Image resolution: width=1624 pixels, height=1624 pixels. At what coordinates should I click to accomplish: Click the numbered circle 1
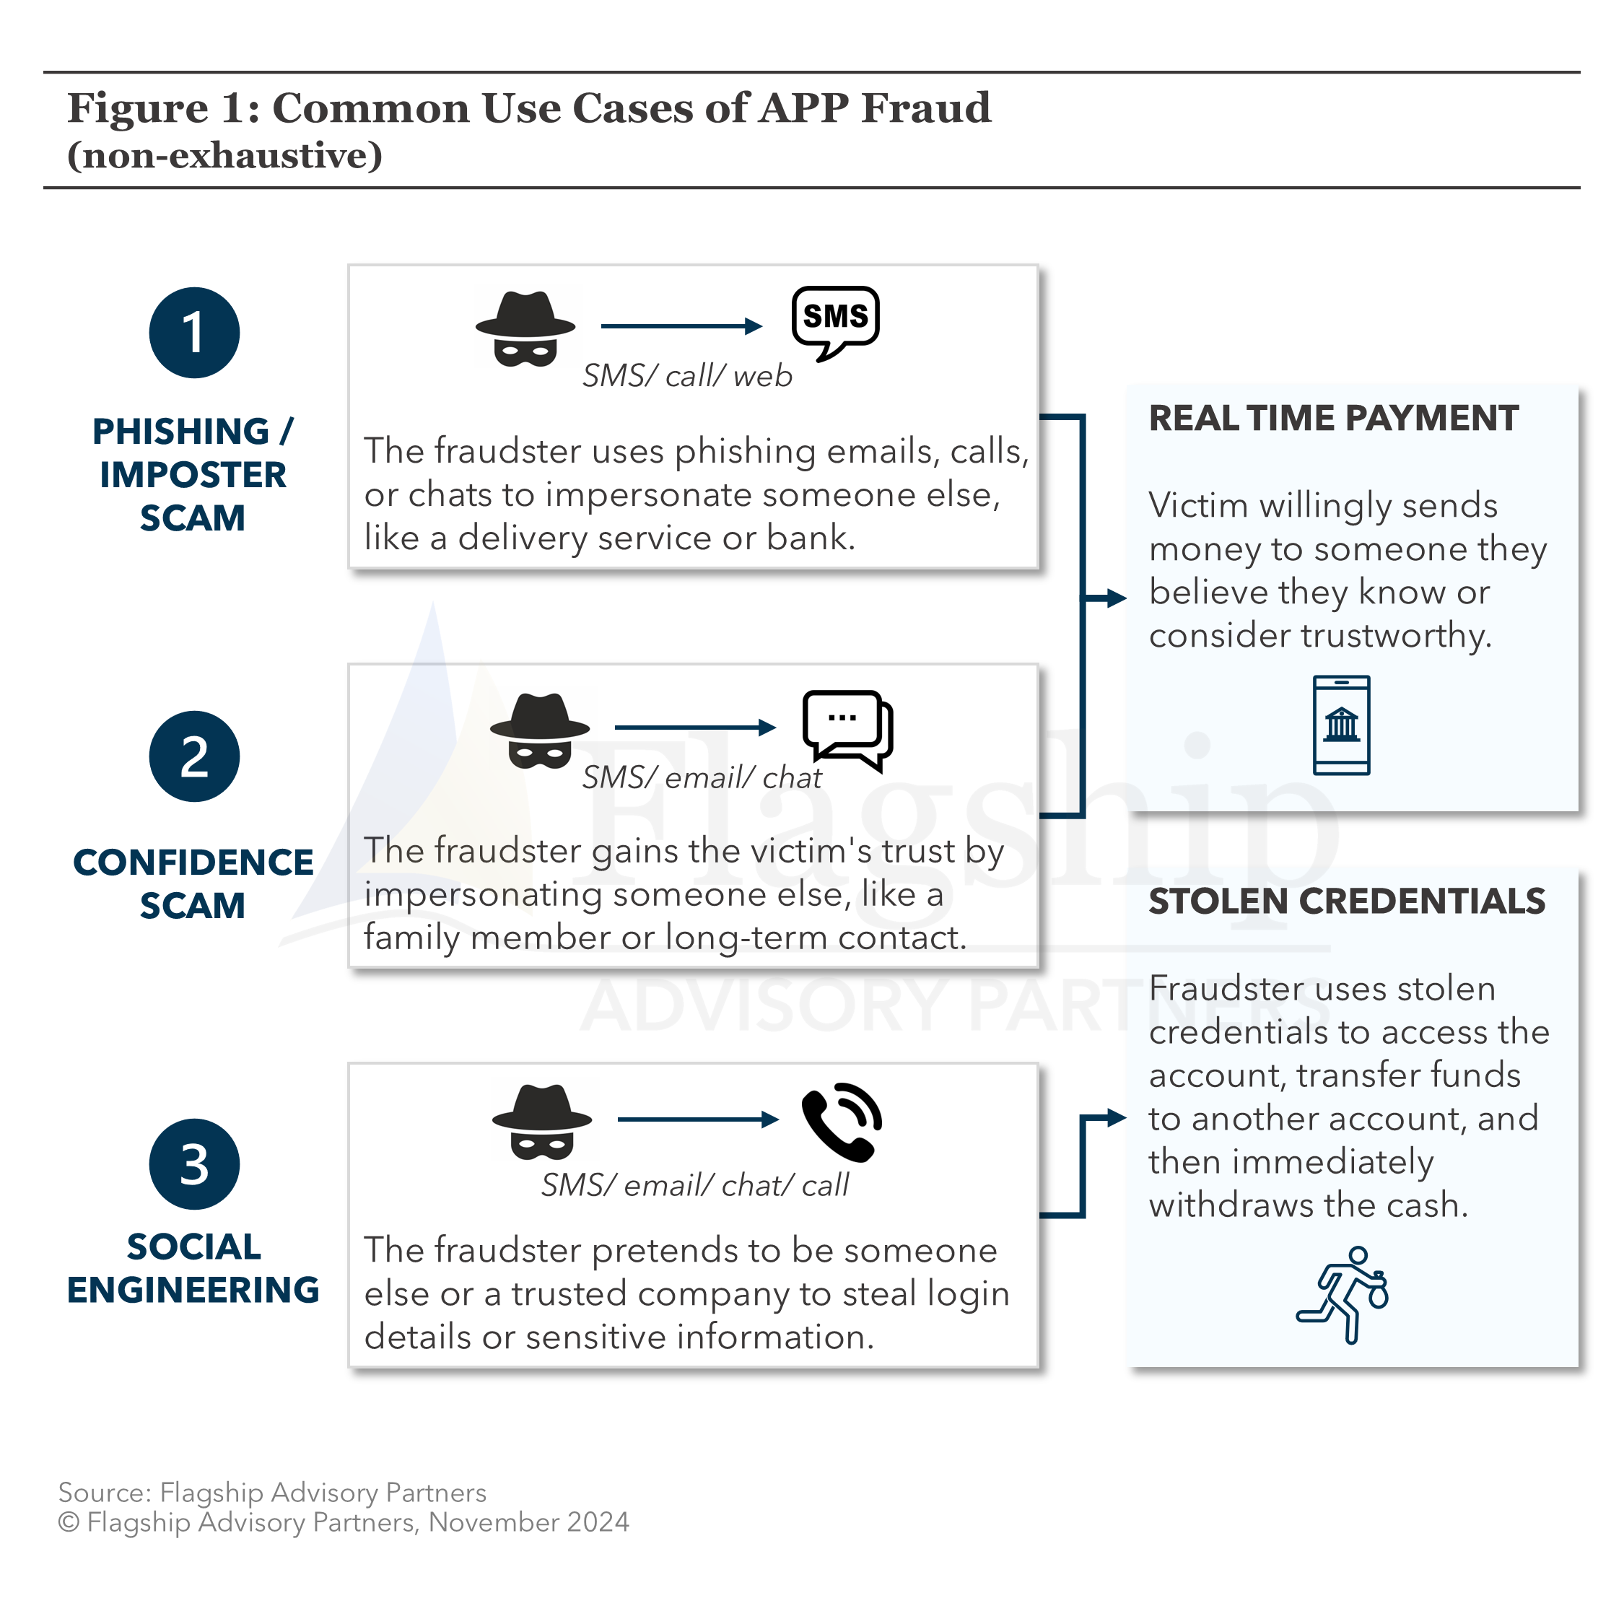pyautogui.click(x=194, y=333)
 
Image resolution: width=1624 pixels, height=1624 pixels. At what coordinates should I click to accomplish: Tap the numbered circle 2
pyautogui.click(x=194, y=756)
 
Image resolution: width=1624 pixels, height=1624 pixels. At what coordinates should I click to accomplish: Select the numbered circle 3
pyautogui.click(x=194, y=1164)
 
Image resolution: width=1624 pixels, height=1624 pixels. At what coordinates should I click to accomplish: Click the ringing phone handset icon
pyautogui.click(x=842, y=1122)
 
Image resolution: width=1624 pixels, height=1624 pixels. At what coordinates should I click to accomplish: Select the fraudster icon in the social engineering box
pyautogui.click(x=542, y=1122)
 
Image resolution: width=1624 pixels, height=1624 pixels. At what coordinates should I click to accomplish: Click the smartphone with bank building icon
pyautogui.click(x=1341, y=725)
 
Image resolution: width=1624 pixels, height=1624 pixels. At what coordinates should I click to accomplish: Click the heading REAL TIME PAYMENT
pyautogui.click(x=1333, y=419)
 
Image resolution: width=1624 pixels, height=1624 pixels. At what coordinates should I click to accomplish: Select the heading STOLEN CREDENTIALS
pyautogui.click(x=1347, y=901)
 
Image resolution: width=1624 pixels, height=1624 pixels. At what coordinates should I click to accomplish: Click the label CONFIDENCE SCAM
pyautogui.click(x=193, y=883)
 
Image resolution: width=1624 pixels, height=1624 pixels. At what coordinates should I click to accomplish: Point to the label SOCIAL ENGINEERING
pyautogui.click(x=193, y=1268)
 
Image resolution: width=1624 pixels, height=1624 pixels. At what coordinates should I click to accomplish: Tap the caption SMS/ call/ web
pyautogui.click(x=686, y=376)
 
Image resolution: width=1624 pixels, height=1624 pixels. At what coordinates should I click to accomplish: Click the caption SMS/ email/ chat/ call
pyautogui.click(x=694, y=1185)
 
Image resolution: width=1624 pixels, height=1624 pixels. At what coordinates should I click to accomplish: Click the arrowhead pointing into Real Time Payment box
pyautogui.click(x=1117, y=598)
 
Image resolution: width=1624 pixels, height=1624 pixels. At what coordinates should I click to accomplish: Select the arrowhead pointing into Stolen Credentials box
pyautogui.click(x=1117, y=1118)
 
